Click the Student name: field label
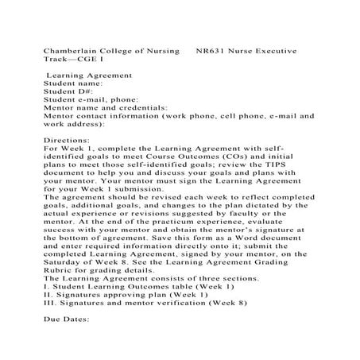(73, 82)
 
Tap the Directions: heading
(68, 139)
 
